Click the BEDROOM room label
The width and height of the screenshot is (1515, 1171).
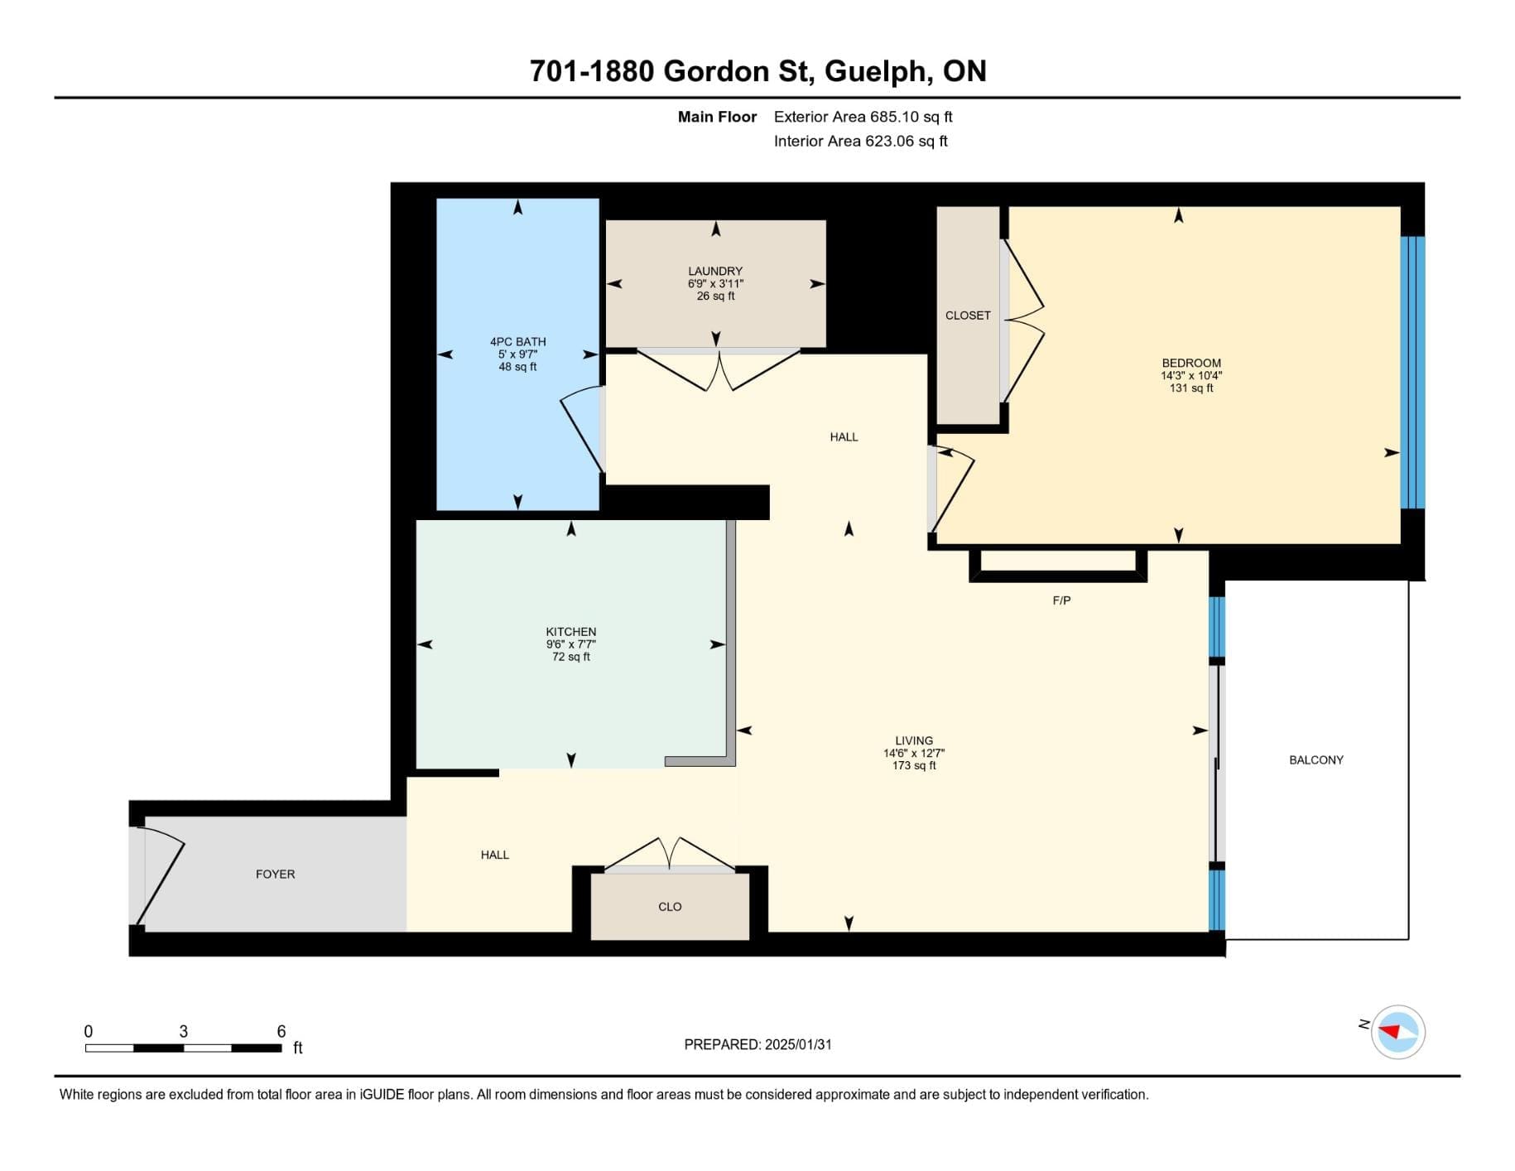click(x=1191, y=363)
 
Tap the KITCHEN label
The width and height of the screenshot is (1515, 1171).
click(x=571, y=632)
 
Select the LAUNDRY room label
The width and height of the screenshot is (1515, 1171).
click(x=715, y=271)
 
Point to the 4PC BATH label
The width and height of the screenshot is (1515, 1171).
click(x=517, y=341)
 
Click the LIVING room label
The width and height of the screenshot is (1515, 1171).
click(x=914, y=740)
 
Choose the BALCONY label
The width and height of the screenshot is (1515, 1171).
click(x=1316, y=759)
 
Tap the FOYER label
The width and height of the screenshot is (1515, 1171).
click(x=276, y=874)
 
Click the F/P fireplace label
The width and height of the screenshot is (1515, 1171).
click(x=1061, y=600)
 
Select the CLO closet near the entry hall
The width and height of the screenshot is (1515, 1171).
click(x=670, y=907)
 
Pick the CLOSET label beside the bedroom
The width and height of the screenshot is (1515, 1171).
click(x=968, y=316)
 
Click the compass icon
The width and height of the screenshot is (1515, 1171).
click(x=1398, y=1032)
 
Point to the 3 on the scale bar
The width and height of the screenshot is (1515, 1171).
click(x=184, y=1031)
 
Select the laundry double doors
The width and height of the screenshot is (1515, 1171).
click(x=718, y=370)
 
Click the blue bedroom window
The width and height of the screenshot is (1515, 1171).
click(x=1412, y=373)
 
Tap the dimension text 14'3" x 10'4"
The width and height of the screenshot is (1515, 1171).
click(x=1191, y=375)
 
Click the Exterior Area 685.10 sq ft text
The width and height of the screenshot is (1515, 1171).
click(x=863, y=117)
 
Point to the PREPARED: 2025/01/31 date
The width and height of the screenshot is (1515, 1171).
click(x=757, y=1044)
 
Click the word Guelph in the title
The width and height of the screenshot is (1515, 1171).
click(x=875, y=72)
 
